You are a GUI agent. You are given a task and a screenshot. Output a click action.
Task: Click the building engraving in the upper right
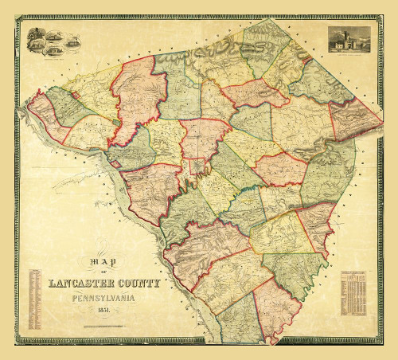(348, 38)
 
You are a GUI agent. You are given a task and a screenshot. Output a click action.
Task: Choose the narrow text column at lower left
(35, 299)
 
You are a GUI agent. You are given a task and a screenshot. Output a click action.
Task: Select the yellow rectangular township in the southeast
(279, 231)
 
